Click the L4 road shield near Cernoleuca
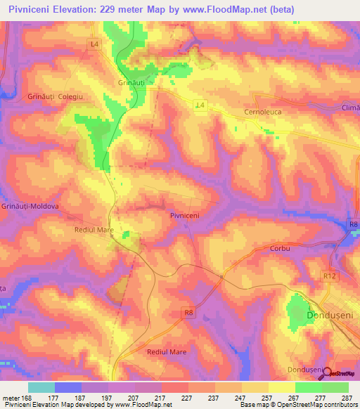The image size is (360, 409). tap(200, 105)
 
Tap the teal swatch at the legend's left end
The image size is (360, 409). tap(41, 387)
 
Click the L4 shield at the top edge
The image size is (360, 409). tap(94, 44)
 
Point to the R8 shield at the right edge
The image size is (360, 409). tap(353, 224)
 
